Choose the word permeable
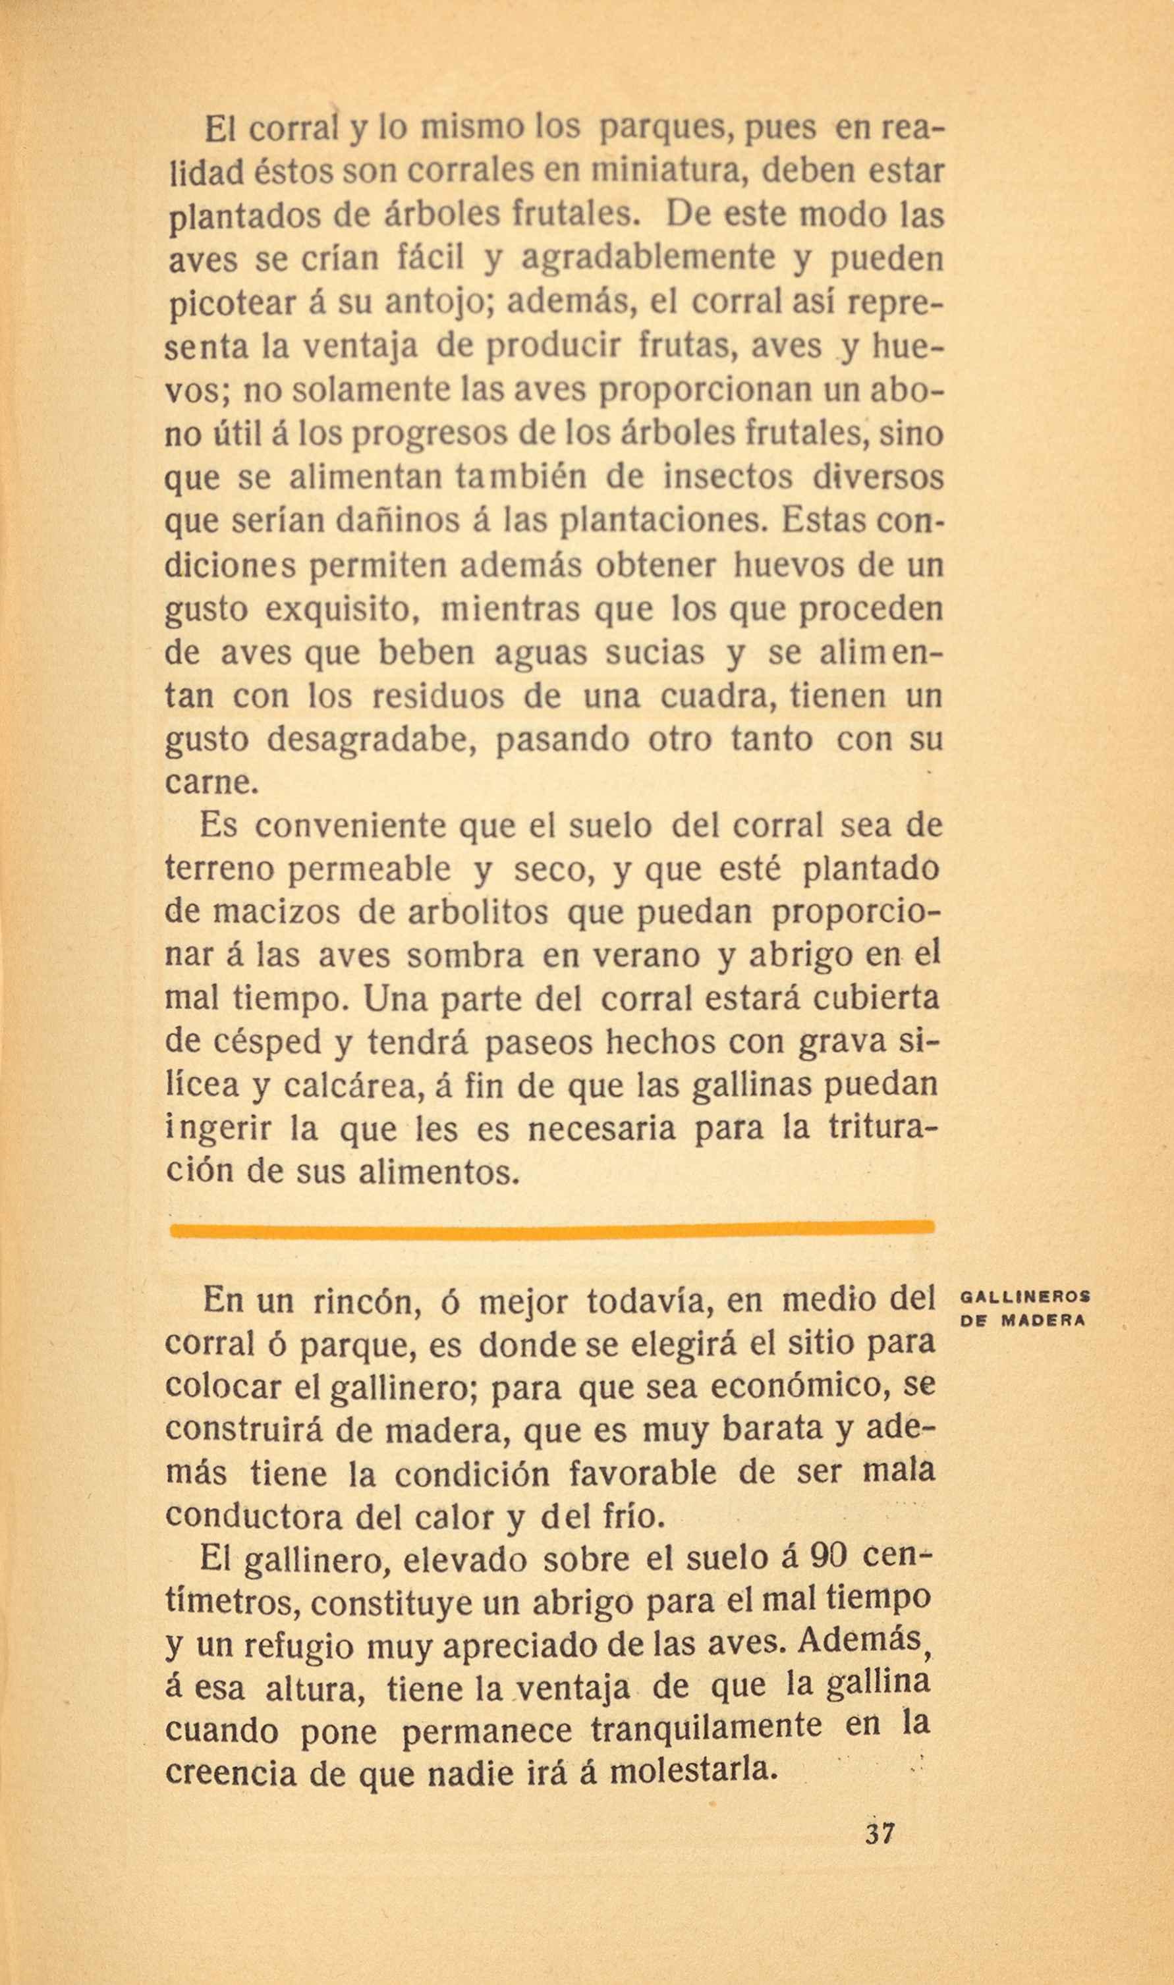point(370,870)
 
